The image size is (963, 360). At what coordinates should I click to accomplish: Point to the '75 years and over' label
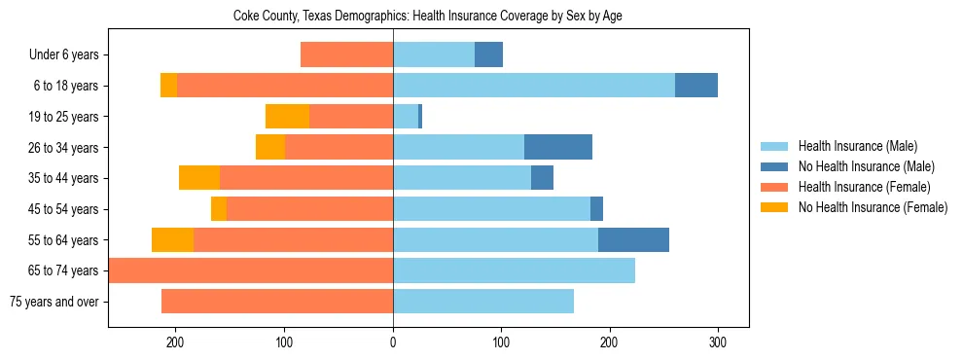tap(53, 302)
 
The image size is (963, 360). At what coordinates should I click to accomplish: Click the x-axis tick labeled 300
tap(718, 342)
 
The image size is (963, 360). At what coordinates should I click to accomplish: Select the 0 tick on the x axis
tap(393, 342)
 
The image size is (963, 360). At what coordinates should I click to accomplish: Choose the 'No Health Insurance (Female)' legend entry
tap(873, 207)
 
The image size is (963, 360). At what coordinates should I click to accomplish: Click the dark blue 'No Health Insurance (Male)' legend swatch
tap(775, 166)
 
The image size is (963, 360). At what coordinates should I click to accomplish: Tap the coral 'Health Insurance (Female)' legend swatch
tap(775, 187)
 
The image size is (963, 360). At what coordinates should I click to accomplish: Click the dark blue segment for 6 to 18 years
tap(696, 86)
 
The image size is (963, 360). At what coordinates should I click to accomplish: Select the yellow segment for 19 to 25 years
tap(287, 117)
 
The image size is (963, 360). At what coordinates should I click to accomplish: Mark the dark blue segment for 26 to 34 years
tap(558, 147)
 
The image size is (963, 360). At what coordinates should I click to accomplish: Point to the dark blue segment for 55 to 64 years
tap(633, 239)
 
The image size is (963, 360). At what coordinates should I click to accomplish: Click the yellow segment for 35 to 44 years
tap(199, 178)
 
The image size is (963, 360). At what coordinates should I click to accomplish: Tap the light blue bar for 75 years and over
tap(483, 302)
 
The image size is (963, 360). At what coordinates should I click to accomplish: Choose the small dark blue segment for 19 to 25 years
tap(420, 117)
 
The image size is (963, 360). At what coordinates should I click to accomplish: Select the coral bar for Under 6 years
tap(346, 54)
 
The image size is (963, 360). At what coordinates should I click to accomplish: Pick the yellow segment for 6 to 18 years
tap(168, 86)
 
